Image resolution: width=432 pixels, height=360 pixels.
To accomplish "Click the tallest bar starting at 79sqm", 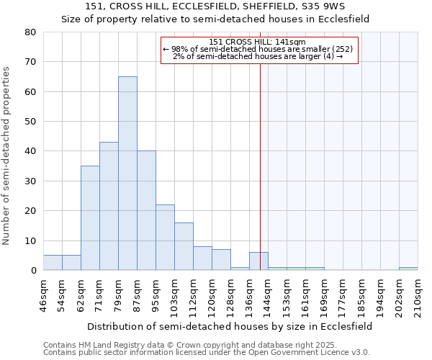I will pos(127,173).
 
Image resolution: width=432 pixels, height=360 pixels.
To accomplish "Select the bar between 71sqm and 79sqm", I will pos(109,206).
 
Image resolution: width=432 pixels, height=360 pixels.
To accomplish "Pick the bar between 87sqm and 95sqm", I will pos(146,210).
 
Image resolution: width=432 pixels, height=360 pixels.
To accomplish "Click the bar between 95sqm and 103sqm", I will pos(165,238).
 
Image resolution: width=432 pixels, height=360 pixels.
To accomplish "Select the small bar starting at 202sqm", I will pos(408,269).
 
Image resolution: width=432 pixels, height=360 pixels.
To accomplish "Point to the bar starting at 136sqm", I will pos(258,261).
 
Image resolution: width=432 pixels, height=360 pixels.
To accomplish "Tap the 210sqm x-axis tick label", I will pos(422,295).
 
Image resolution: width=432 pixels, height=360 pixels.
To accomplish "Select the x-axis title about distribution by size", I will pos(230,325).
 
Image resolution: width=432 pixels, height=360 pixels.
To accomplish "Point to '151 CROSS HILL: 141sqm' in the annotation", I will pos(258,42).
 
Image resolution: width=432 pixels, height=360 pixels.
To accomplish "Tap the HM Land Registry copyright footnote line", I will pos(205,345).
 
